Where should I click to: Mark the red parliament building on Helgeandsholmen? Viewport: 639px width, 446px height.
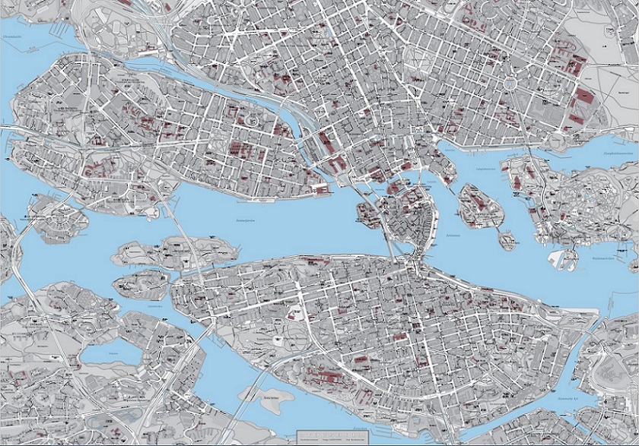pyautogui.click(x=395, y=187)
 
